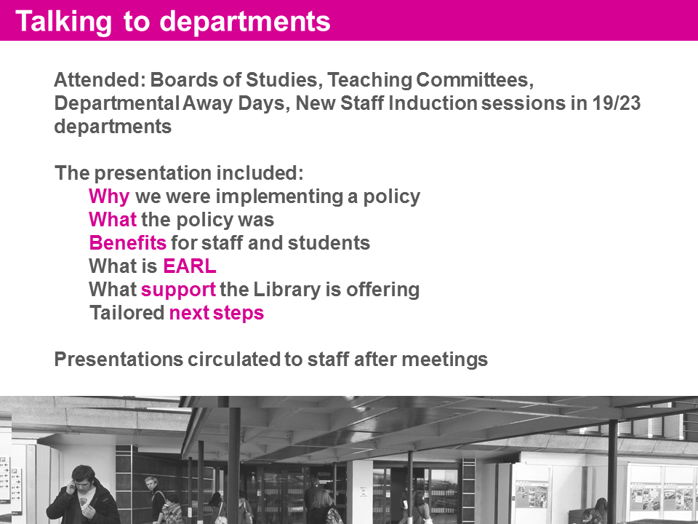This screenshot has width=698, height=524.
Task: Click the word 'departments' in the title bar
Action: pos(245,21)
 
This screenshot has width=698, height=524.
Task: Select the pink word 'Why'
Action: pos(109,197)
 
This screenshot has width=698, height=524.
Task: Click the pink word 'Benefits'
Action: pos(128,243)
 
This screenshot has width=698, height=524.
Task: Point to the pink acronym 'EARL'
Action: pos(190,266)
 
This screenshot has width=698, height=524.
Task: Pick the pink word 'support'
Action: pos(178,290)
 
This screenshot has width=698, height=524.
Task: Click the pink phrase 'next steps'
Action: pos(217,313)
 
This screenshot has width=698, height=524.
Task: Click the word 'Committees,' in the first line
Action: pos(475,80)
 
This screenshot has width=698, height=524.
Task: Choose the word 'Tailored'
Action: pos(127,312)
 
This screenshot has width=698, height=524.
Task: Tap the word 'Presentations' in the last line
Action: pos(119,359)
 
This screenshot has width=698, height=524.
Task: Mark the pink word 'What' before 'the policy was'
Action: pos(113,220)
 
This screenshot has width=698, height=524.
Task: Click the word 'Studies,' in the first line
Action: pos(284,80)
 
